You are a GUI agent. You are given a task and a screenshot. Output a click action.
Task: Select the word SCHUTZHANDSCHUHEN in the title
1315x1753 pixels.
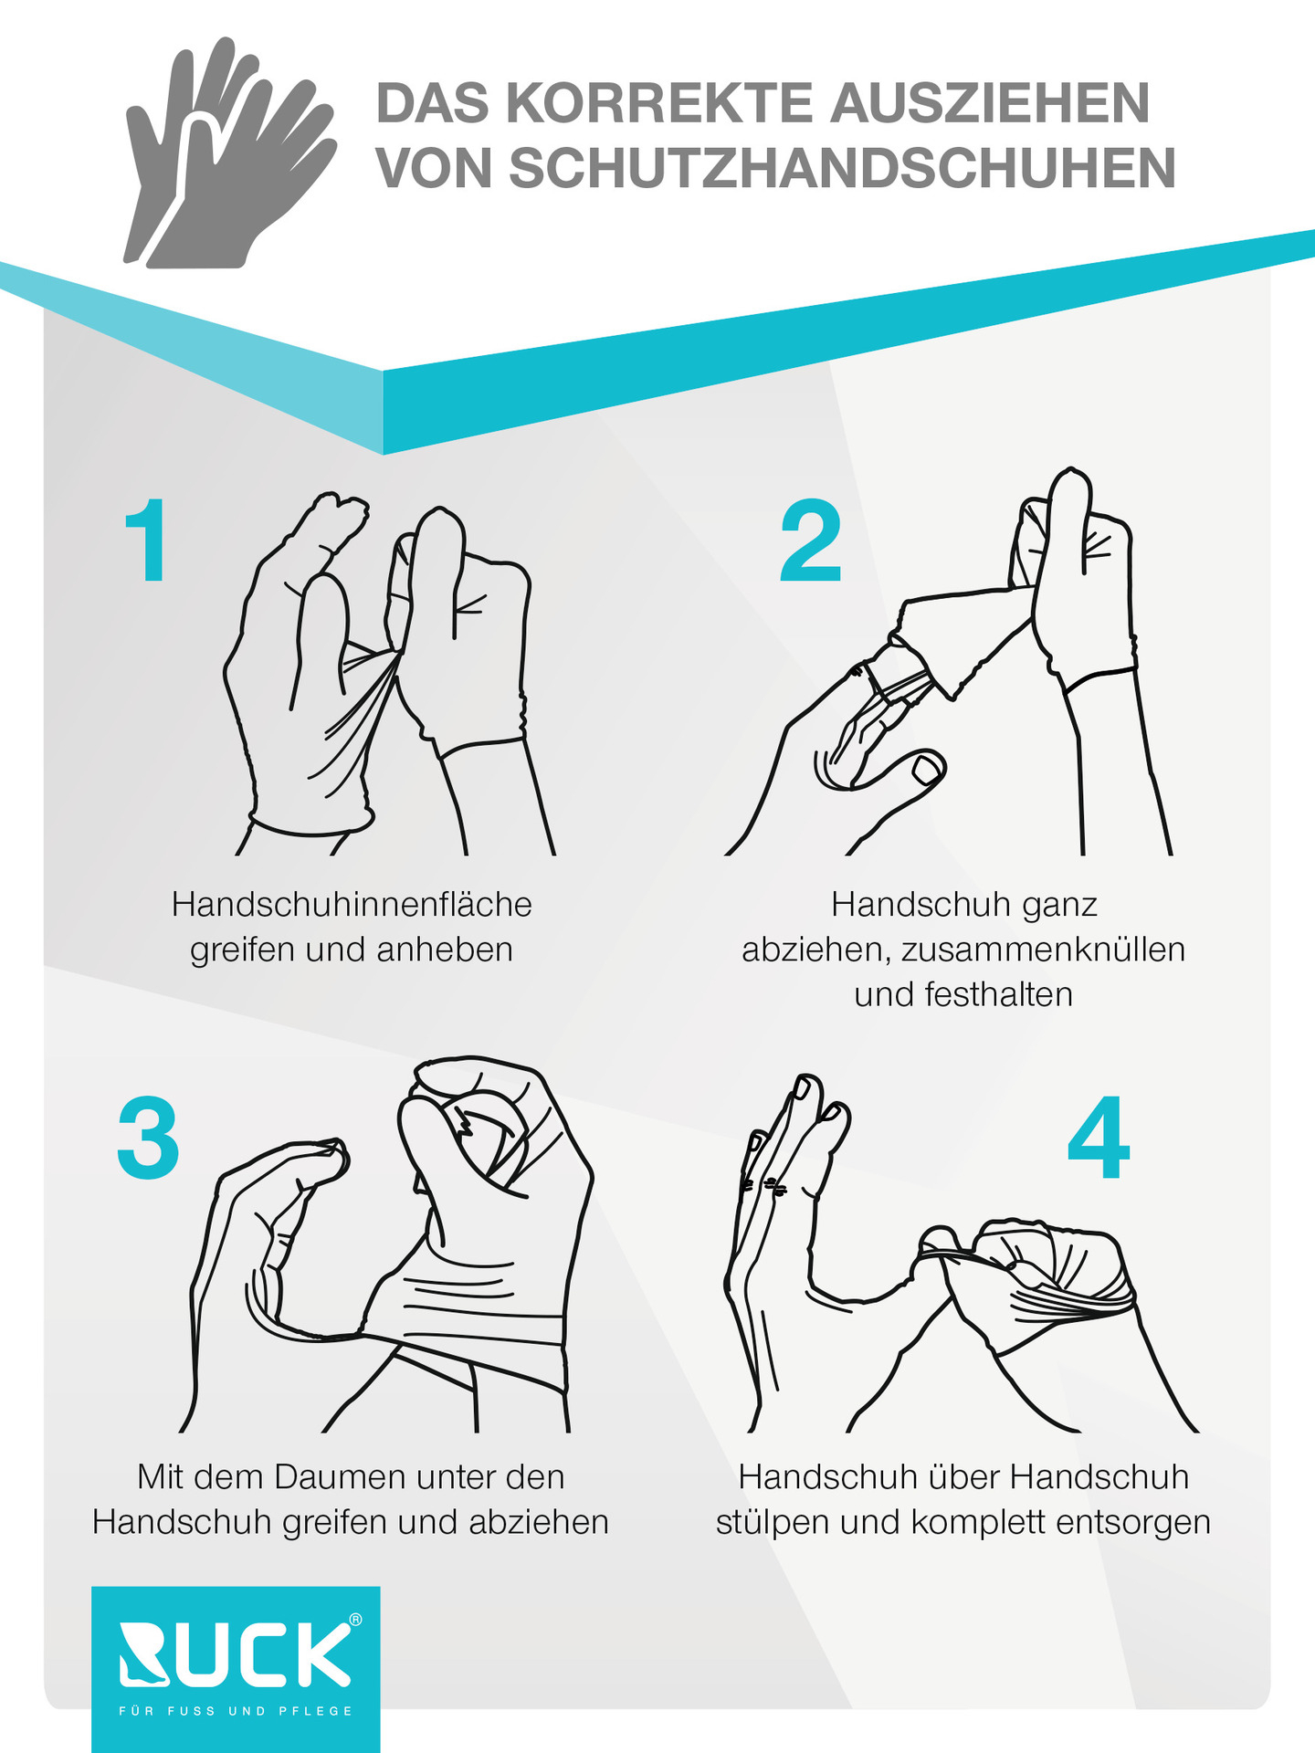pyautogui.click(x=843, y=168)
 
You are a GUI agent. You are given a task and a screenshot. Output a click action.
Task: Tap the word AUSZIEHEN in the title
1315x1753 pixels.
pyautogui.click(x=990, y=102)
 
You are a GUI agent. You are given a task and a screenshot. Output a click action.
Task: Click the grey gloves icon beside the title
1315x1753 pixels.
pyautogui.click(x=230, y=152)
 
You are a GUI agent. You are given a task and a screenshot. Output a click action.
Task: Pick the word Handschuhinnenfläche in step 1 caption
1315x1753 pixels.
pyautogui.click(x=352, y=904)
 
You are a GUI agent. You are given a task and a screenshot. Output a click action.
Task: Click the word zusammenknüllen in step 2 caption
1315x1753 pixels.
pyautogui.click(x=1043, y=950)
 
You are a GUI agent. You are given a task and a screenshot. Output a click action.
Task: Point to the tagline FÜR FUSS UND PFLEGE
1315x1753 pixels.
pyautogui.click(x=236, y=1711)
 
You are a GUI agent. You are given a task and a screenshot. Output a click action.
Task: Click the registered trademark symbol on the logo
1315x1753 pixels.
pyautogui.click(x=355, y=1620)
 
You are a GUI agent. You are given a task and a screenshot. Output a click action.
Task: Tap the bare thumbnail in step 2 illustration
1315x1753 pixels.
pyautogui.click(x=930, y=769)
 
